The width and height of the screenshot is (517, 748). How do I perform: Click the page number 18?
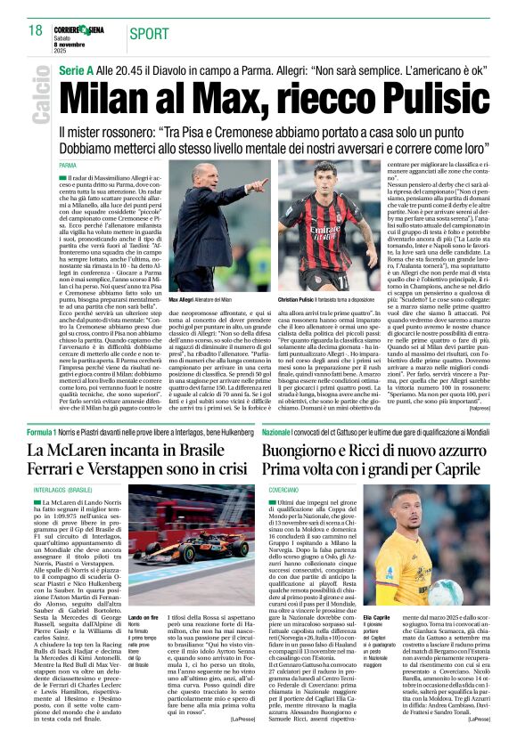(x=37, y=31)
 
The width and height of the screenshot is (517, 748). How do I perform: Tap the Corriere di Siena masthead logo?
(x=79, y=29)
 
